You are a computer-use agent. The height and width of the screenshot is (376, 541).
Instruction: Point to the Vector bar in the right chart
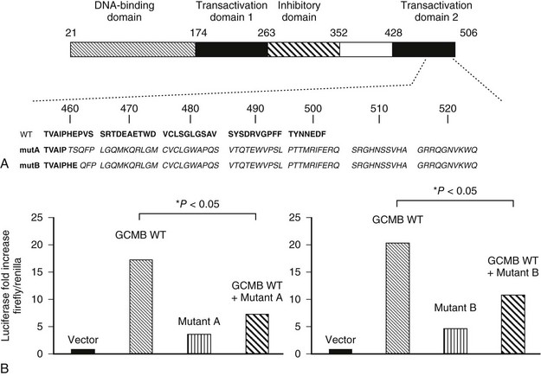coord(339,350)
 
